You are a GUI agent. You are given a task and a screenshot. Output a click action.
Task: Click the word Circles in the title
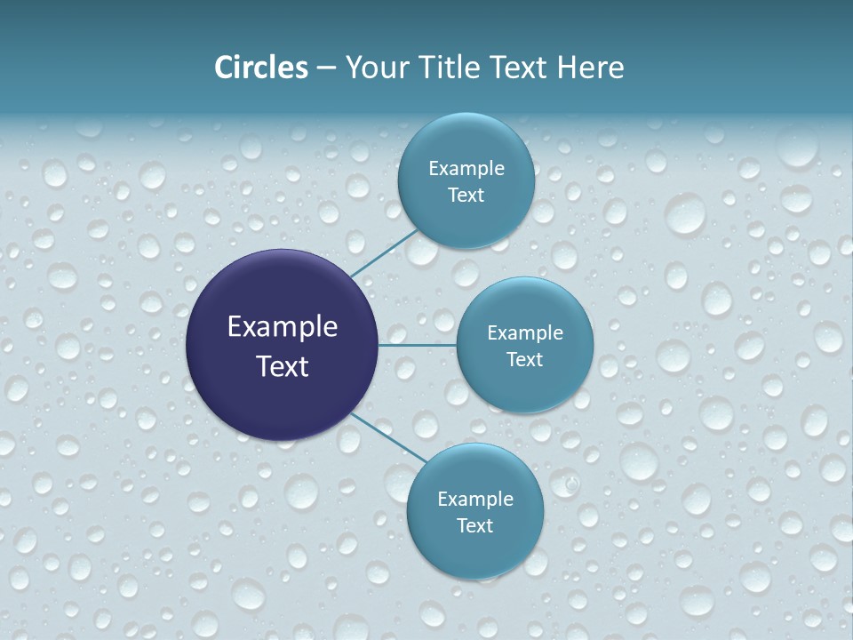[x=260, y=68]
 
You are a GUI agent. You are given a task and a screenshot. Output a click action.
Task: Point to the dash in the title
[x=326, y=68]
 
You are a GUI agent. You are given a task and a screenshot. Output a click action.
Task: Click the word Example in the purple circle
[x=283, y=327]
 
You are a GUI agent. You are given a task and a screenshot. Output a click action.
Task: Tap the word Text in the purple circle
[x=283, y=366]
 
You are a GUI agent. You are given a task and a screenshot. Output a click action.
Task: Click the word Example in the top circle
[x=466, y=169]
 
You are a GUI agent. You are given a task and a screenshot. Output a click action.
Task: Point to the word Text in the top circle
[x=466, y=196]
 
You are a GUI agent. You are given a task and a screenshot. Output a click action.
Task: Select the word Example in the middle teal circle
[x=525, y=333]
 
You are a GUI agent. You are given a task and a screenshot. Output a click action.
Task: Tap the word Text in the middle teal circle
[x=524, y=360]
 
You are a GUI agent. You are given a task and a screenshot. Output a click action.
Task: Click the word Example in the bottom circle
[x=475, y=500]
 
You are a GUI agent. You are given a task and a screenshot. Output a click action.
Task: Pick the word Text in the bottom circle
[x=474, y=526]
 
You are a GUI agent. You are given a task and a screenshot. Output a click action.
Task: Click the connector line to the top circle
[x=384, y=253]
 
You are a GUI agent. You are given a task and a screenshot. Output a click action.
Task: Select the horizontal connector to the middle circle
[x=417, y=345]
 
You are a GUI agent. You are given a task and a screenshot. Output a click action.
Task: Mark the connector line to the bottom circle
[x=389, y=437]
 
